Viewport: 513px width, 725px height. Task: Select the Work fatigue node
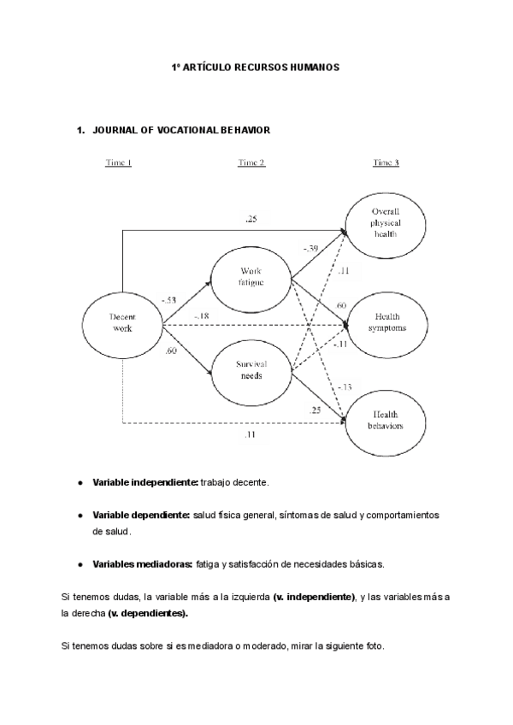click(252, 278)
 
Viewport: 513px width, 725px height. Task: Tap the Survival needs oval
click(252, 369)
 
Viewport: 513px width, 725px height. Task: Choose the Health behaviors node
click(386, 419)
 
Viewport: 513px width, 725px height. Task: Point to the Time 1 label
click(118, 163)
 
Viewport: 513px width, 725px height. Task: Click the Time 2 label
click(251, 163)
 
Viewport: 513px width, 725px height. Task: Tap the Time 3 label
click(386, 163)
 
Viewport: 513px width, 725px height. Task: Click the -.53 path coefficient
click(168, 300)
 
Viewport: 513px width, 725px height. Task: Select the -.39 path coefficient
click(310, 249)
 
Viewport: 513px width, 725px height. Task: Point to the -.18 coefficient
click(201, 317)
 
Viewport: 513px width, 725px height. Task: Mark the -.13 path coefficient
click(344, 387)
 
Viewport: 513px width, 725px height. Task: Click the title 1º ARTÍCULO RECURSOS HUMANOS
click(256, 66)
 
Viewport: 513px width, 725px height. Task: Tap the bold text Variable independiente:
click(145, 483)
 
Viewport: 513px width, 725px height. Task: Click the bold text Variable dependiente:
click(140, 516)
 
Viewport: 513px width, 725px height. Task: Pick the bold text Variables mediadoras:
click(142, 563)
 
